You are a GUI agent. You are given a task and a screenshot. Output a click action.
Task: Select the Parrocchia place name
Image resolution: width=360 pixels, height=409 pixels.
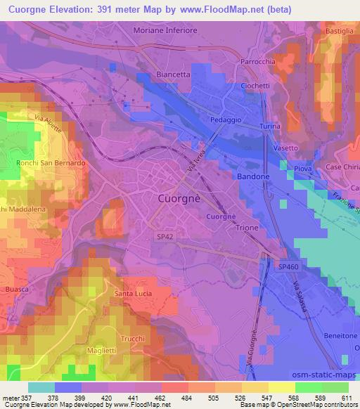pyautogui.click(x=262, y=61)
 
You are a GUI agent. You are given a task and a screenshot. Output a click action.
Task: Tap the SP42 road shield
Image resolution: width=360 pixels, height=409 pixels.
pyautogui.click(x=165, y=238)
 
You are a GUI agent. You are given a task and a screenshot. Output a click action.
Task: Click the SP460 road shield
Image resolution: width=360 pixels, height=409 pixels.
pyautogui.click(x=288, y=268)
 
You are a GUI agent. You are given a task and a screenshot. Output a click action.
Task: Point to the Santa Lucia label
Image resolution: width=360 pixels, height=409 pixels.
pyautogui.click(x=134, y=293)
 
